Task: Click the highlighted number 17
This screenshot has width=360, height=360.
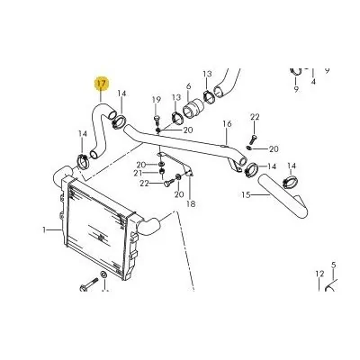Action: pyautogui.click(x=102, y=84)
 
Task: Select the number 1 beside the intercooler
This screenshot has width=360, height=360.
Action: pyautogui.click(x=44, y=230)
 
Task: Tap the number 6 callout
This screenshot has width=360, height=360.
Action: pyautogui.click(x=188, y=86)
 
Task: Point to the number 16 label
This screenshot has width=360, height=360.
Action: pyautogui.click(x=228, y=123)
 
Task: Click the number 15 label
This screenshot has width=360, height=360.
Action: pyautogui.click(x=246, y=195)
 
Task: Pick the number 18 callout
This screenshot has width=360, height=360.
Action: pyautogui.click(x=191, y=204)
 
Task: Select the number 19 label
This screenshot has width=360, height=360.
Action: pyautogui.click(x=157, y=100)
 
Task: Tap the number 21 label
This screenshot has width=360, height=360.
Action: pyautogui.click(x=138, y=173)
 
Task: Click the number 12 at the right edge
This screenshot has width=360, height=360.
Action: pyautogui.click(x=319, y=274)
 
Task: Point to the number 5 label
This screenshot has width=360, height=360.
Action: pyautogui.click(x=333, y=265)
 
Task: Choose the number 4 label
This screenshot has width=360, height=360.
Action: pyautogui.click(x=313, y=81)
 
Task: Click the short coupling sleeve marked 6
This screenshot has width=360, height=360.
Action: pyautogui.click(x=193, y=110)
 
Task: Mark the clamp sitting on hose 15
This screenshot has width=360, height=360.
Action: pyautogui.click(x=290, y=183)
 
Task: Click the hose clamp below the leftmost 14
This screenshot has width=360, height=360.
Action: pyautogui.click(x=83, y=160)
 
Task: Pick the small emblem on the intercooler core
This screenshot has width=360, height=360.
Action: pyautogui.click(x=101, y=238)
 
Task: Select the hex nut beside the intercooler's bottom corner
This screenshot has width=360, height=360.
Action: pyautogui.click(x=103, y=274)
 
